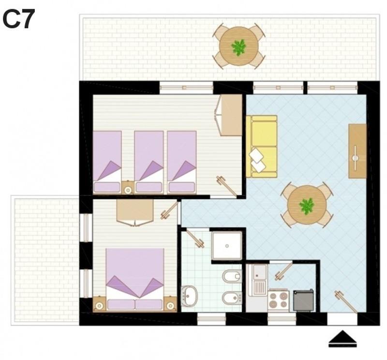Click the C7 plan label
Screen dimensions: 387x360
(x=19, y=19)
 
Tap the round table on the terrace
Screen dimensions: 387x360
(x=238, y=46)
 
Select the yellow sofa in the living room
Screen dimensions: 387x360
(x=262, y=146)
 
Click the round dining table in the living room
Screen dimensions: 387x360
(x=307, y=205)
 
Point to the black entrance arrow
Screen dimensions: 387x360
(x=342, y=338)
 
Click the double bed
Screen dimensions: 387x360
(x=135, y=279)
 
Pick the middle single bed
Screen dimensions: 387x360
(x=149, y=162)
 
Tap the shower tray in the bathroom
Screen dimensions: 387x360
(x=227, y=246)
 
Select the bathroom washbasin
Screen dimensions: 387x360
(x=190, y=296)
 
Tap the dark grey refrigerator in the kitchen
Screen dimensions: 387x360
(x=304, y=300)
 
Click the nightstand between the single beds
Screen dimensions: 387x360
(x=128, y=188)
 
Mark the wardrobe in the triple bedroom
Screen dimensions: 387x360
(x=231, y=115)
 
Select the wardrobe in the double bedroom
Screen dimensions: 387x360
(x=135, y=212)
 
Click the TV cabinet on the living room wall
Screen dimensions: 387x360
(x=357, y=151)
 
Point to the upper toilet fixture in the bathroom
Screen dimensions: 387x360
(x=232, y=276)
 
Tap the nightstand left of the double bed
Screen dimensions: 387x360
(x=100, y=304)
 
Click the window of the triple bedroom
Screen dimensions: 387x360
(x=186, y=88)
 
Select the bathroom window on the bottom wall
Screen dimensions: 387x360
(x=211, y=319)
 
